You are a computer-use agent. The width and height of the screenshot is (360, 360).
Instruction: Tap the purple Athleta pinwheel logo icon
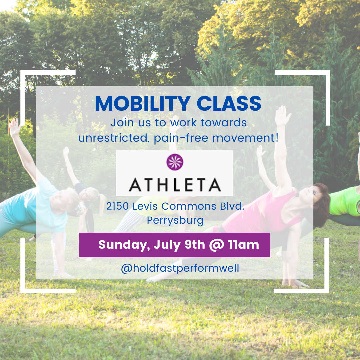pos(175,162)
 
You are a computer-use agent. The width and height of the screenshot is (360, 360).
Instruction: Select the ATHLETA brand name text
pos(175,184)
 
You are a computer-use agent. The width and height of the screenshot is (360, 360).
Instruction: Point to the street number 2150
pos(118,207)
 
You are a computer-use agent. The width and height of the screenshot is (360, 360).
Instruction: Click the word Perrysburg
pos(175,221)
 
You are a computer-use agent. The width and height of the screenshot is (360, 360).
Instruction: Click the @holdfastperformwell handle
pos(180,268)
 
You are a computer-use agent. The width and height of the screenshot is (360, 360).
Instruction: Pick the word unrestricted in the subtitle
pos(113,138)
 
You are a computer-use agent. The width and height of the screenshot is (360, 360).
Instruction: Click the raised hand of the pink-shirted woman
pos(283,115)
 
